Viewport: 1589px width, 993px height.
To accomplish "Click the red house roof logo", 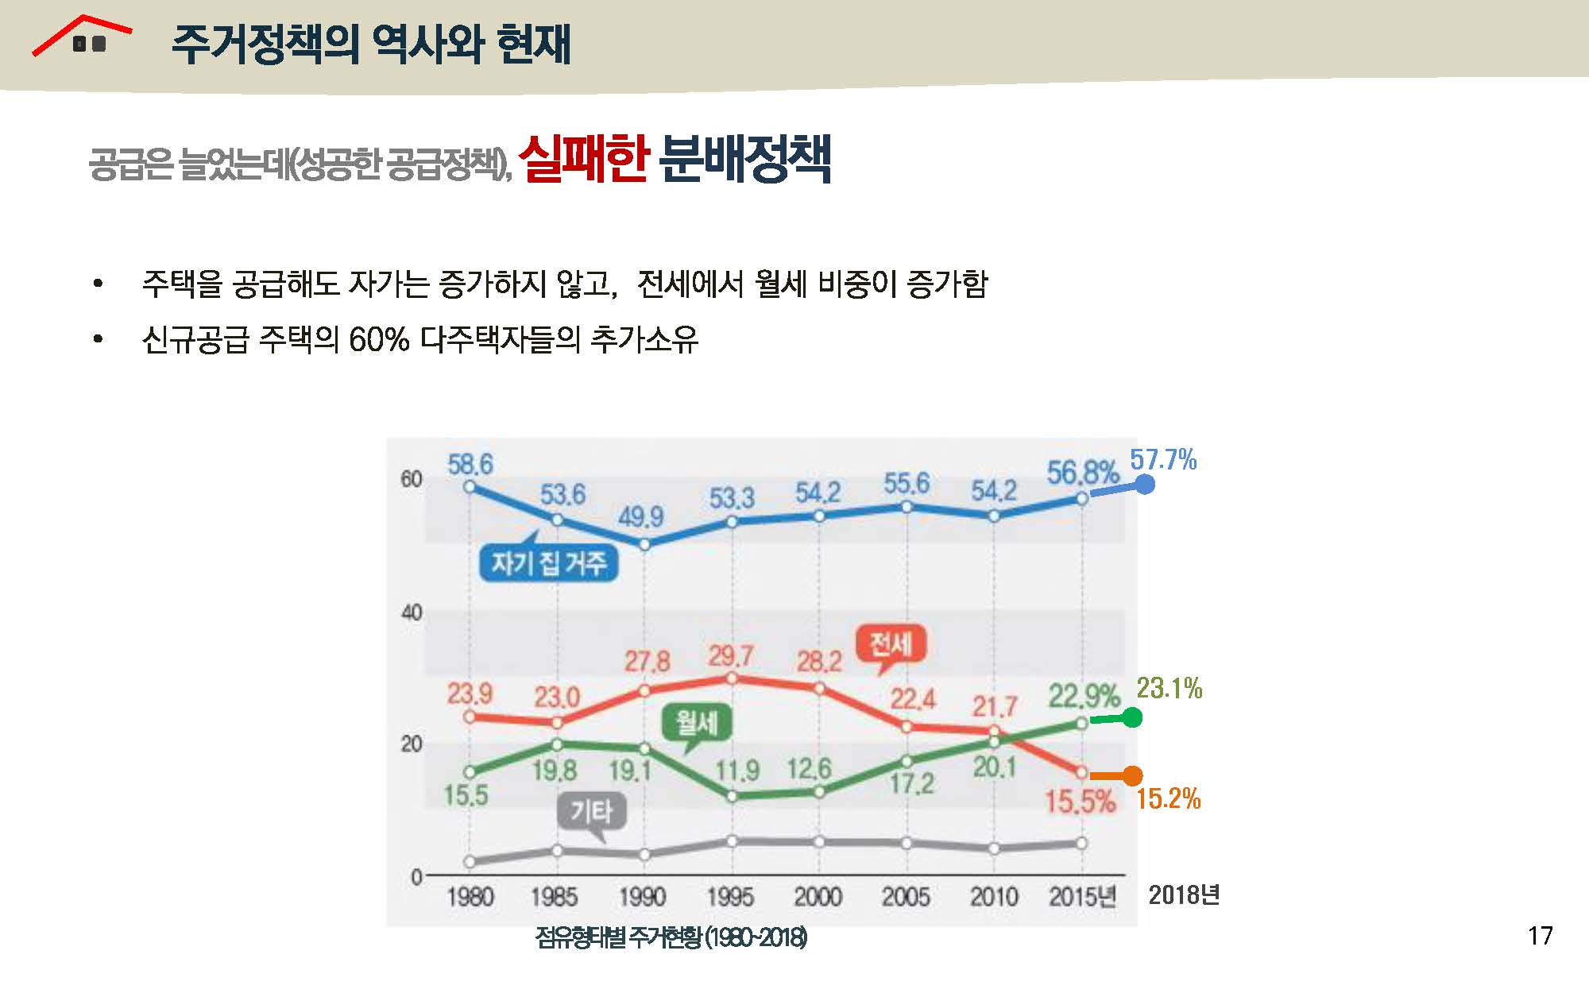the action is [x=82, y=36].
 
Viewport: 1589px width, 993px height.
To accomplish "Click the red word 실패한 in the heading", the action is [x=584, y=159].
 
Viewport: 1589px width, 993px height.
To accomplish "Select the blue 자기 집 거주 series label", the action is [x=549, y=563].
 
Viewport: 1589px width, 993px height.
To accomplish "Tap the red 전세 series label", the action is [x=891, y=644].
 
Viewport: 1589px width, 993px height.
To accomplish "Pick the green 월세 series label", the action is [x=697, y=724].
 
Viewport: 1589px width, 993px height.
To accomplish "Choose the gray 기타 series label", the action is [x=592, y=812].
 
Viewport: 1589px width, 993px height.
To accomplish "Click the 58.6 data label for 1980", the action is [x=470, y=464].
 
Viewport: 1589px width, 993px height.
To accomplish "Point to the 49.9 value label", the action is [x=641, y=517].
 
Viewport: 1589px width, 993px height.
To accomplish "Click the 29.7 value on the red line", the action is [x=731, y=656].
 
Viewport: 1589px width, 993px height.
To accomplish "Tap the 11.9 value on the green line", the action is [x=737, y=771].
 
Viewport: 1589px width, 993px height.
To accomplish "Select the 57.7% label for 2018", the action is [x=1163, y=460].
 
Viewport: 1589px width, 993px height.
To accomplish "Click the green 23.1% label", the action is [x=1169, y=688].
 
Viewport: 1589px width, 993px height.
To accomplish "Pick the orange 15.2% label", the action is [x=1168, y=798].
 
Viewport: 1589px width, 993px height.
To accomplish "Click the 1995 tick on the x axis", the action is [x=730, y=898].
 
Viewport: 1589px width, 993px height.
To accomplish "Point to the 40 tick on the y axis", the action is [x=411, y=612].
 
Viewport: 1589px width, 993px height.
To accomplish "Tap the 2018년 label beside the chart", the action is [x=1184, y=895].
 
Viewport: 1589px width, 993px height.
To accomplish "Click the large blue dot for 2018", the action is [x=1144, y=484].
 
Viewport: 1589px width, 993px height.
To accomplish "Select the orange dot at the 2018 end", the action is [x=1133, y=775].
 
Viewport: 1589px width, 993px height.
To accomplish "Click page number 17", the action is [x=1540, y=936].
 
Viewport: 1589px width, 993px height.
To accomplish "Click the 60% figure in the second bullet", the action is [x=379, y=340].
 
